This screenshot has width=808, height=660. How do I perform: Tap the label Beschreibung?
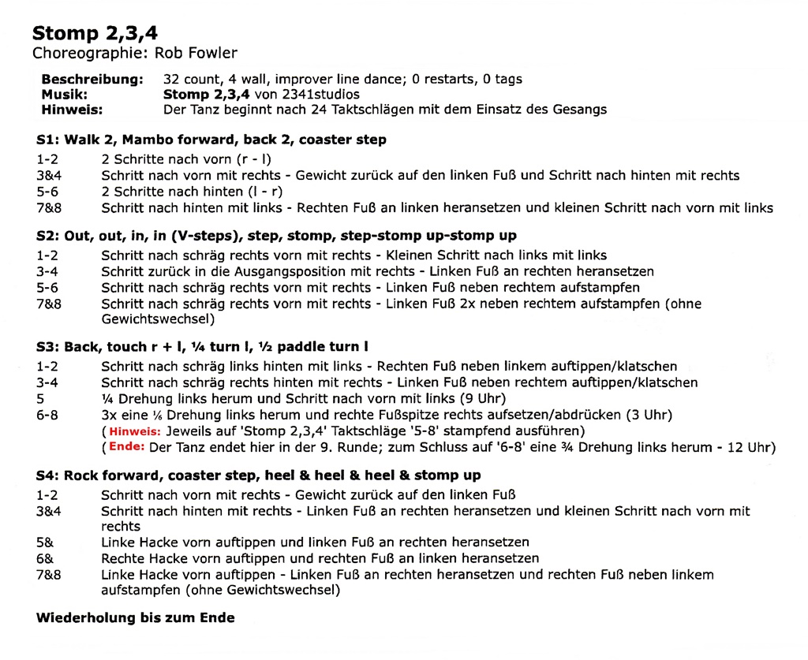click(x=92, y=79)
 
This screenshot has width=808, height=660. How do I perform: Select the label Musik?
click(x=65, y=94)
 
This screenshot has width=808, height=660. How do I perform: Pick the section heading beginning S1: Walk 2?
click(x=211, y=140)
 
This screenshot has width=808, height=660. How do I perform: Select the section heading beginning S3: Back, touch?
click(x=202, y=347)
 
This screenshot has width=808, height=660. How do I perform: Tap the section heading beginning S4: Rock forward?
click(x=259, y=475)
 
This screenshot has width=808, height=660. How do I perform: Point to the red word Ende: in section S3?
click(x=126, y=447)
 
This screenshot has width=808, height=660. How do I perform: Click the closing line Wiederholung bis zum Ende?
click(x=136, y=617)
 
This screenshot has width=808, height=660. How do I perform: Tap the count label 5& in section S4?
click(x=45, y=543)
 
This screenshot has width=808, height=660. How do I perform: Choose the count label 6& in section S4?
click(x=45, y=558)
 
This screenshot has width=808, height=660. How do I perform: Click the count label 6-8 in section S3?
click(x=47, y=415)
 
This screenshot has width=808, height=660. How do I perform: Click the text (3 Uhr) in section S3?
click(x=644, y=415)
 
